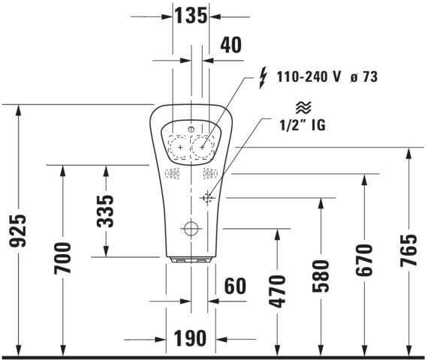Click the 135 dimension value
coord(191,16)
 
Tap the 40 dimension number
coord(231,45)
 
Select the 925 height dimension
coord(18,231)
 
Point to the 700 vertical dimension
coord(62,258)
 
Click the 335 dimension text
coord(105,211)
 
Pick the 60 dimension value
coord(235,286)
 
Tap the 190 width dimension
coord(190,338)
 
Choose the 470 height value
coord(277,291)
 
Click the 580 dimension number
coord(321,276)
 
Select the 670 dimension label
coord(364,260)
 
